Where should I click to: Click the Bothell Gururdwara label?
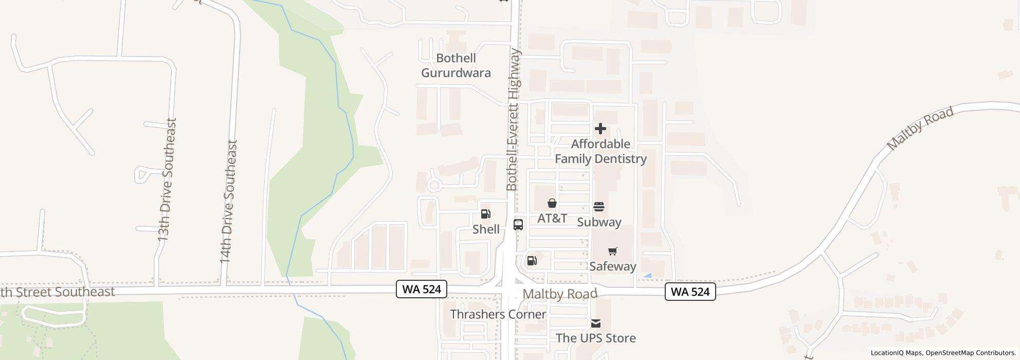coord(456,65)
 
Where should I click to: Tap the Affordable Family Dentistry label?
coord(600,151)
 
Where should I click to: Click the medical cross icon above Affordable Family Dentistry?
coord(600,129)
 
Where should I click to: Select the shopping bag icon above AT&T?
coord(552,203)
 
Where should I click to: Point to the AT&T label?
coord(552,218)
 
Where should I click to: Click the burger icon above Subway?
coord(599,207)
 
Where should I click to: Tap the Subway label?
coord(599,222)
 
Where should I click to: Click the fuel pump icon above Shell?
coord(485,214)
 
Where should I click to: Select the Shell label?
coord(486,229)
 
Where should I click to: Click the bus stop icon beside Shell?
coord(518,225)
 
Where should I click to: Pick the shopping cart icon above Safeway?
coord(612,251)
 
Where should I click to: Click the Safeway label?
coord(612,266)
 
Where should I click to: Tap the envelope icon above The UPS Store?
coord(595,323)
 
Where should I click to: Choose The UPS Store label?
coord(595,338)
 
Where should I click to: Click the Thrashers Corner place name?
coord(498,314)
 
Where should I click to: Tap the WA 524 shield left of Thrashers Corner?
coord(422,289)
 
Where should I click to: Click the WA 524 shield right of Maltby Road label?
coord(690,292)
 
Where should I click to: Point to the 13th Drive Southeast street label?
coord(167,180)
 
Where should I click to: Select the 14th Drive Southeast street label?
coord(228,202)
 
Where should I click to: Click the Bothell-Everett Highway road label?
coord(514,120)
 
